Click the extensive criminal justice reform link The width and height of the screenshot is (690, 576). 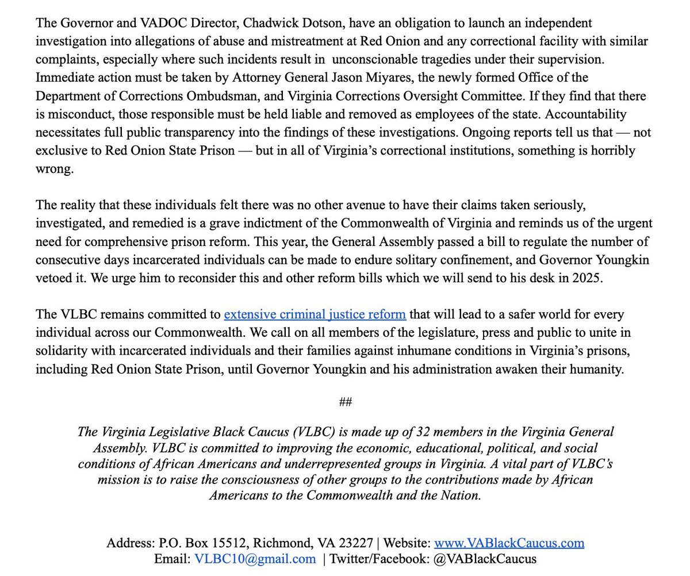click(315, 314)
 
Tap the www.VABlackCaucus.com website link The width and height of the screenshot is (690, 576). click(509, 543)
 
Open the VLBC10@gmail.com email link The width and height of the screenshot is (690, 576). click(255, 559)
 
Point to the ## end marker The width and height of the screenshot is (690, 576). click(345, 401)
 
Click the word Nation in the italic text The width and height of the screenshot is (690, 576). click(461, 495)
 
